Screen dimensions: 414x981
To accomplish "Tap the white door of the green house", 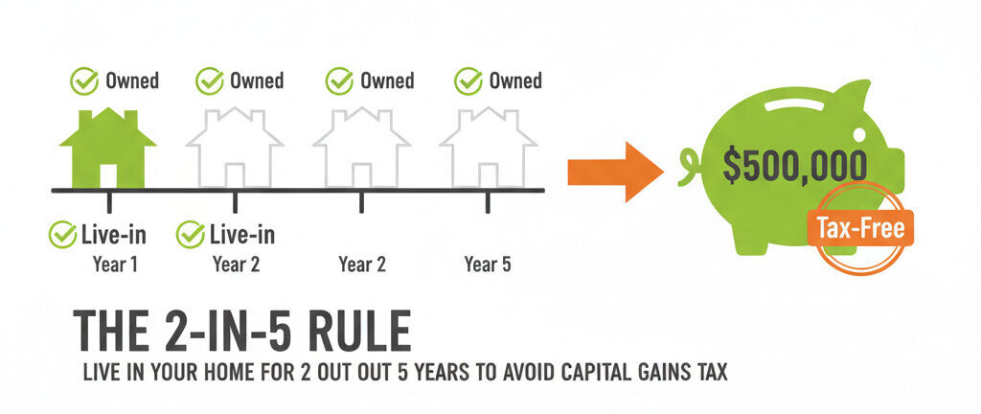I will [108, 174].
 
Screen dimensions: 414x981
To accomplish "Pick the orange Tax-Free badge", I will [859, 228].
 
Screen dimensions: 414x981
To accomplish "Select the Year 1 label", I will [115, 264].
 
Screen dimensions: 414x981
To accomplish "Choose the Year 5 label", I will [487, 264].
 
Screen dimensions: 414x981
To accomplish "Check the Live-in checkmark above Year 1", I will [63, 233].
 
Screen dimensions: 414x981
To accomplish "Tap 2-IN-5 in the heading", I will [217, 333].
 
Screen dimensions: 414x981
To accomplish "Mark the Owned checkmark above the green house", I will [85, 81].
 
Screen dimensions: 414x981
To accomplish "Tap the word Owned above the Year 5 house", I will [515, 80].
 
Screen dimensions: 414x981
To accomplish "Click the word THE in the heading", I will [107, 333].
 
